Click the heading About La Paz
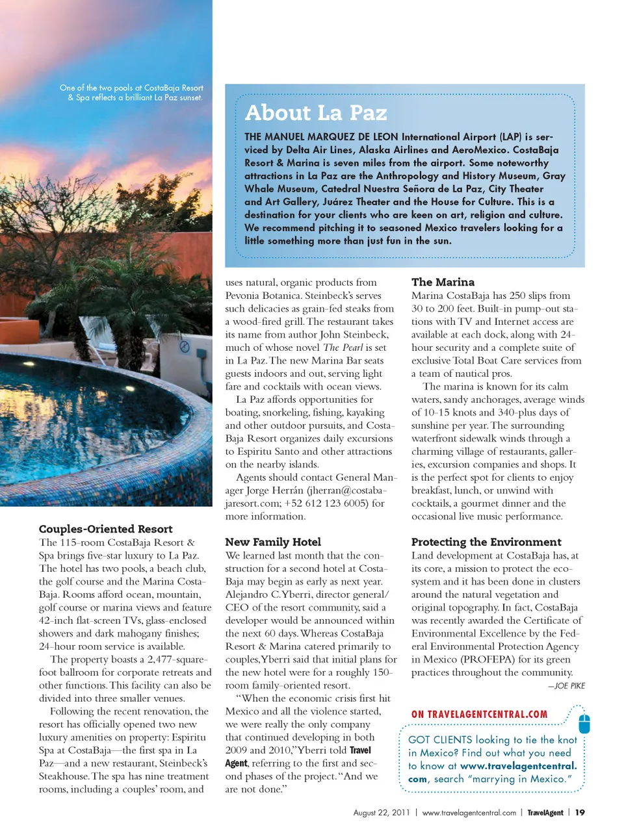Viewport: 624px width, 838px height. tap(316, 113)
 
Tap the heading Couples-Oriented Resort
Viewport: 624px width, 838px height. tap(105, 529)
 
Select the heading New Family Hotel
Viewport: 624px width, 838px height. tap(273, 542)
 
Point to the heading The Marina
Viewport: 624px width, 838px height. tap(443, 282)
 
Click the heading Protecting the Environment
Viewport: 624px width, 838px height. tap(486, 542)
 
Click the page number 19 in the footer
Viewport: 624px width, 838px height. tap(580, 813)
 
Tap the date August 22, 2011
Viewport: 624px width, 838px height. tap(381, 813)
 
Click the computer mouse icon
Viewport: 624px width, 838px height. tap(584, 722)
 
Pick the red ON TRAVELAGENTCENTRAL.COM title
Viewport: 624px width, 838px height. tap(479, 715)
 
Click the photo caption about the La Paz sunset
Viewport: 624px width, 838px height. tap(132, 93)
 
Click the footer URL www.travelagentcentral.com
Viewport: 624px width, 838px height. tap(469, 813)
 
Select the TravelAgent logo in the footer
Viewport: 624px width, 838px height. tap(545, 813)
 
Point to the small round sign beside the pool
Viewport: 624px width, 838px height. tap(184, 347)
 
